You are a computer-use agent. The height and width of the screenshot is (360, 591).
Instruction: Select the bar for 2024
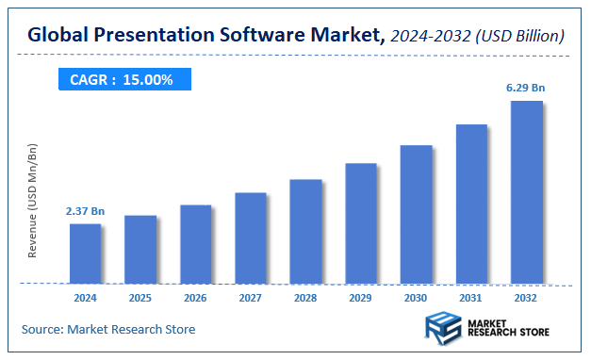pyautogui.click(x=85, y=253)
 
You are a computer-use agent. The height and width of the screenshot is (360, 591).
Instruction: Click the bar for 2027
pyautogui.click(x=251, y=237)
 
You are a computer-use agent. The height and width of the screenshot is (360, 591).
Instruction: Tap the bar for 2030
pyautogui.click(x=416, y=214)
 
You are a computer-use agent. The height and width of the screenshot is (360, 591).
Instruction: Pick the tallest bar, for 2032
pyautogui.click(x=526, y=191)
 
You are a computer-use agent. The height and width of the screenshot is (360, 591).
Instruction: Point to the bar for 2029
pyautogui.click(x=361, y=222)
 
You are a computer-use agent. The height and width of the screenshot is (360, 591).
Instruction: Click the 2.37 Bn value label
pyautogui.click(x=84, y=211)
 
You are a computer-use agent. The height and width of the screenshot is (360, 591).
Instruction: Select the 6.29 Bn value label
pyautogui.click(x=525, y=88)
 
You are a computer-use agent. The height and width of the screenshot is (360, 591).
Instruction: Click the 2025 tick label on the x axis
pyautogui.click(x=140, y=298)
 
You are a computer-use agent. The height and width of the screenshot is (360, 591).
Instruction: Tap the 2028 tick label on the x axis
pyautogui.click(x=305, y=298)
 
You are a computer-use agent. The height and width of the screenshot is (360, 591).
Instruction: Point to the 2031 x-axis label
pyautogui.click(x=471, y=298)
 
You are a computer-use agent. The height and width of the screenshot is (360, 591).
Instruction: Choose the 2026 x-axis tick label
pyautogui.click(x=195, y=298)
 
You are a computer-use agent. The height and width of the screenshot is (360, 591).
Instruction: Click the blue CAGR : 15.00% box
pyautogui.click(x=121, y=80)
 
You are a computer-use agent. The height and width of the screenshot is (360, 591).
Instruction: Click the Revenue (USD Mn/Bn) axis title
pyautogui.click(x=33, y=202)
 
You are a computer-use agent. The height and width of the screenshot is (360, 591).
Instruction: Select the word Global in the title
pyautogui.click(x=59, y=36)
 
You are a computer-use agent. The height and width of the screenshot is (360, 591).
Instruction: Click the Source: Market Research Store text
pyautogui.click(x=108, y=329)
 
